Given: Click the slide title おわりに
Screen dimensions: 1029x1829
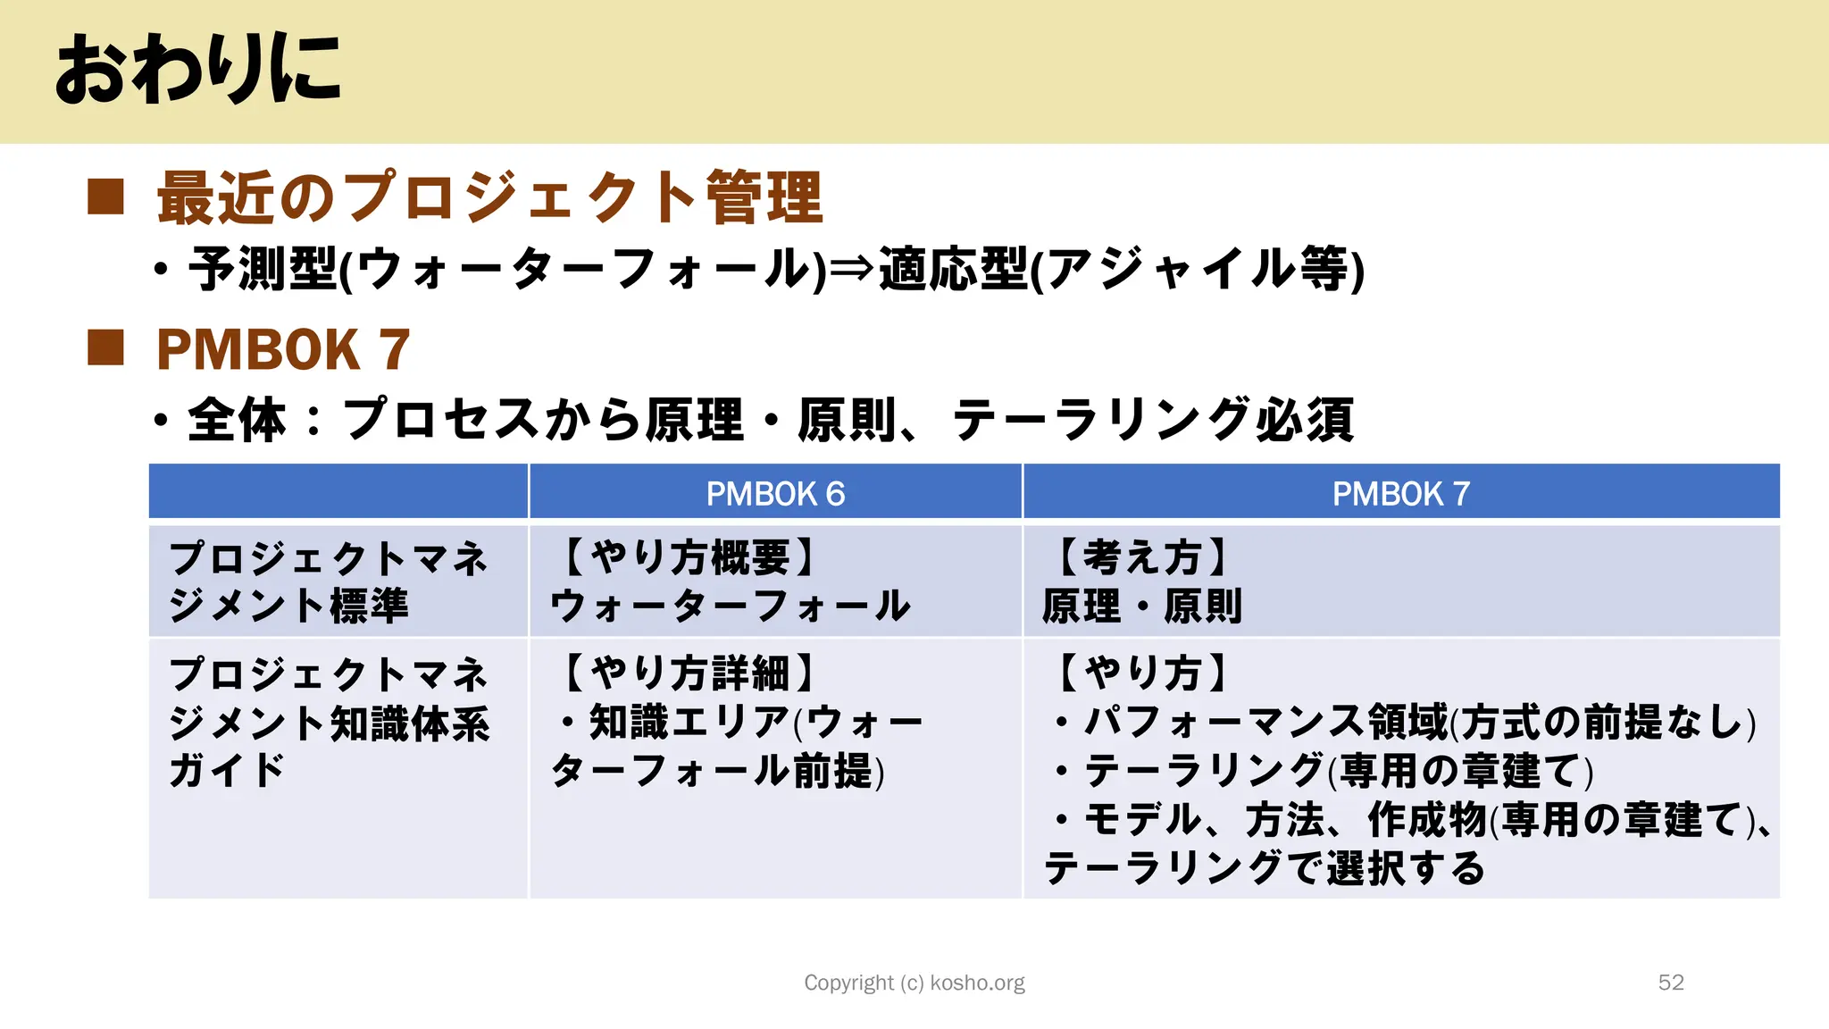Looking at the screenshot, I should [x=197, y=70].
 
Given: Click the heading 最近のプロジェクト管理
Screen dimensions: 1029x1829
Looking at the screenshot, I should [x=489, y=197].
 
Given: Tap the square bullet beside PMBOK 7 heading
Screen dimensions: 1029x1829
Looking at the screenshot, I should [x=105, y=348].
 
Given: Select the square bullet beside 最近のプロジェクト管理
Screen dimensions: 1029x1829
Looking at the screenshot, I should [x=105, y=197].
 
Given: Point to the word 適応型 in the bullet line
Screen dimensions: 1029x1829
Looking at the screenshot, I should [x=953, y=269].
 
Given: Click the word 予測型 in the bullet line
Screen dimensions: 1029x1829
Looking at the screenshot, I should [x=263, y=269].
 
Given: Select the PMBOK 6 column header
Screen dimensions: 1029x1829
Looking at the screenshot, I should [x=775, y=493].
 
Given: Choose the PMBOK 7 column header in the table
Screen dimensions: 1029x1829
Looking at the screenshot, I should [x=1400, y=493].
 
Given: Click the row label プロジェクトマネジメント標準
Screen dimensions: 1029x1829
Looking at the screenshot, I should [x=328, y=581].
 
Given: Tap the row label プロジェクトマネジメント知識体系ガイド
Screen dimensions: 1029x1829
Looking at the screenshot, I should [x=329, y=722].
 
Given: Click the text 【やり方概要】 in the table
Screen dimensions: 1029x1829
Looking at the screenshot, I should [x=688, y=557].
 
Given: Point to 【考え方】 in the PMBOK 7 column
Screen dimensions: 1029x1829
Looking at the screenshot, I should [x=1141, y=557].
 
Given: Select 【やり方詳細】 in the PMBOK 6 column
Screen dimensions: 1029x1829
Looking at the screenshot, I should [x=688, y=673].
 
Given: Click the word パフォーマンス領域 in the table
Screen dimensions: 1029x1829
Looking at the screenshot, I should [x=1265, y=722].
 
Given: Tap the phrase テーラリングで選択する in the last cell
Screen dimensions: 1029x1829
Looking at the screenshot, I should [x=1264, y=867].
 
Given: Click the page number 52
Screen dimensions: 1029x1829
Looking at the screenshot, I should [x=1670, y=983].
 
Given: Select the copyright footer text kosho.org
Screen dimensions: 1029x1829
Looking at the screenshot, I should [x=977, y=983].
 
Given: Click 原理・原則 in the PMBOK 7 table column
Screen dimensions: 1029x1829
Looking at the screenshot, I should [x=1141, y=606].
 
